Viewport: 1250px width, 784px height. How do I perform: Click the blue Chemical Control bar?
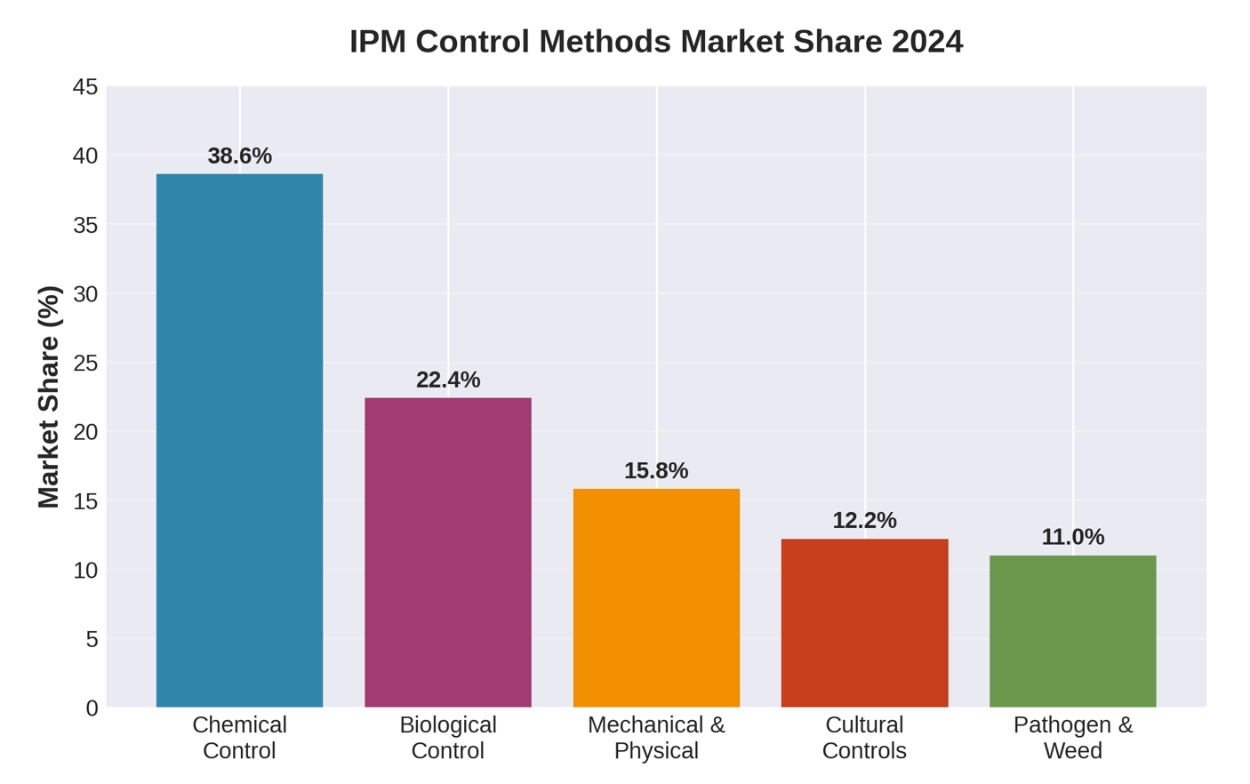(239, 440)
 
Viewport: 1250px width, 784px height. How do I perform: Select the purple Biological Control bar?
(448, 552)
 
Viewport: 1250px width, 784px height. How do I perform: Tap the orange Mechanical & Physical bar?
(656, 597)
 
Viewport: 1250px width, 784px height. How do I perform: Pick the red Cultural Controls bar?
(864, 622)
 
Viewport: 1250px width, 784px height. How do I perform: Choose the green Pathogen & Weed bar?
(1072, 631)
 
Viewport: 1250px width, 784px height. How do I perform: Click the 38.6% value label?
(239, 156)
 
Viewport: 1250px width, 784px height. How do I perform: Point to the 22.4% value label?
(448, 380)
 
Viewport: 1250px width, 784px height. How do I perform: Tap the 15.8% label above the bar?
(656, 470)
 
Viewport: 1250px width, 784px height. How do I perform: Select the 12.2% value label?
(864, 520)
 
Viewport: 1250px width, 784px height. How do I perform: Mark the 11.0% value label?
(1072, 537)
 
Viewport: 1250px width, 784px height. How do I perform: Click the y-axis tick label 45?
(85, 87)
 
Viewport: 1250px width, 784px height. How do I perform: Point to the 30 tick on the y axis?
(85, 294)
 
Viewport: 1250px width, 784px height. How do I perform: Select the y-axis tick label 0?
(92, 708)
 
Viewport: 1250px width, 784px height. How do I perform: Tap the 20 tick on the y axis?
(85, 432)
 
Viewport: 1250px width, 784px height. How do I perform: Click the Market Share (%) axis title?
(49, 396)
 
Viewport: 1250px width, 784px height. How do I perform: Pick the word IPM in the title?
(377, 42)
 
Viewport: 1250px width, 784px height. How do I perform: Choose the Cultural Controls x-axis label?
(864, 737)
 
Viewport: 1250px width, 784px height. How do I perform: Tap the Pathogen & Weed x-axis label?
(1072, 737)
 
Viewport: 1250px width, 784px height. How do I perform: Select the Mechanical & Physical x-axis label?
(656, 737)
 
